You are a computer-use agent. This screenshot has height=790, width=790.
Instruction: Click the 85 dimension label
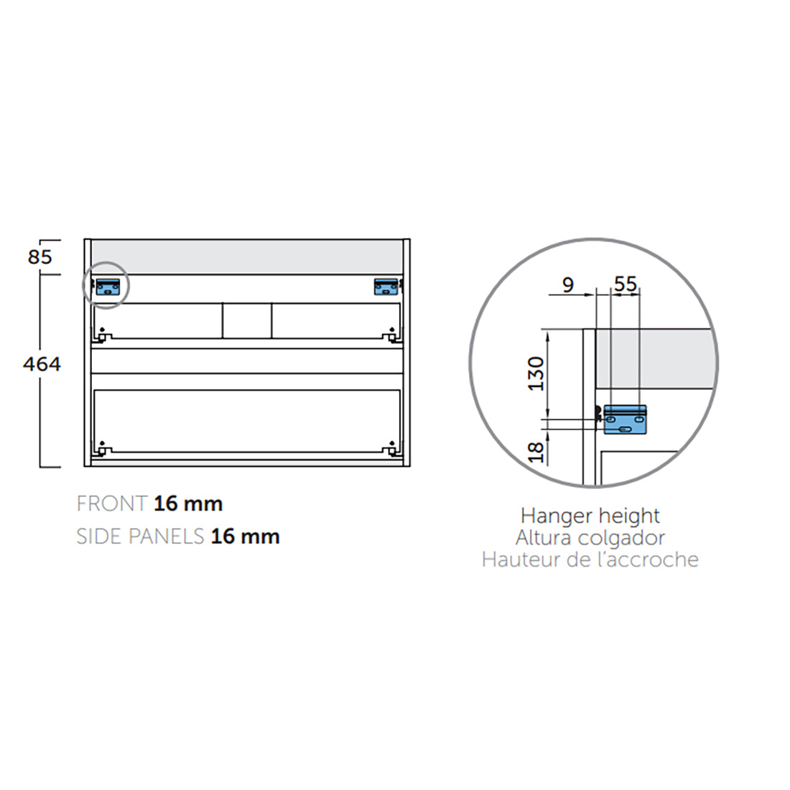pyautogui.click(x=40, y=256)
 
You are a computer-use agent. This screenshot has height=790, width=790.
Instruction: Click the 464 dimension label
pyautogui.click(x=42, y=364)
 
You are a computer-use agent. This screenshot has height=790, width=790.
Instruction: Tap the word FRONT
pyautogui.click(x=112, y=504)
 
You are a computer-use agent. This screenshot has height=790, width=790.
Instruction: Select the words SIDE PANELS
pyautogui.click(x=140, y=536)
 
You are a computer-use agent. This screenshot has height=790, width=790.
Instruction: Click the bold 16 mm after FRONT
pyautogui.click(x=188, y=504)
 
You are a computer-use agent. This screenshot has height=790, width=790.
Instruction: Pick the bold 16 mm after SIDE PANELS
pyautogui.click(x=245, y=536)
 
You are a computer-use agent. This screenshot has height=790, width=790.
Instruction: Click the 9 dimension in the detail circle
pyautogui.click(x=568, y=285)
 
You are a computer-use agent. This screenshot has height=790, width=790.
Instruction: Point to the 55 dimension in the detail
pyautogui.click(x=626, y=284)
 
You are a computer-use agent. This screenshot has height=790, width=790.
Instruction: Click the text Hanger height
pyautogui.click(x=590, y=516)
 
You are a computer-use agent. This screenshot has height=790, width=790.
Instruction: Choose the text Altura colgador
pyautogui.click(x=590, y=537)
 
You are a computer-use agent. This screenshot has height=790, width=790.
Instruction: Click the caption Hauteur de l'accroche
pyautogui.click(x=590, y=559)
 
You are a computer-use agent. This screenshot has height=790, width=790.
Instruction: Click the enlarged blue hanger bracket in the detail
pyautogui.click(x=625, y=420)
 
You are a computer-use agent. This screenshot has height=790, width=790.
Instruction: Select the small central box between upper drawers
pyautogui.click(x=247, y=320)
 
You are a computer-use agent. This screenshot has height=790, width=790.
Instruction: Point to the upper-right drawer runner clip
pyautogui.click(x=391, y=334)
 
